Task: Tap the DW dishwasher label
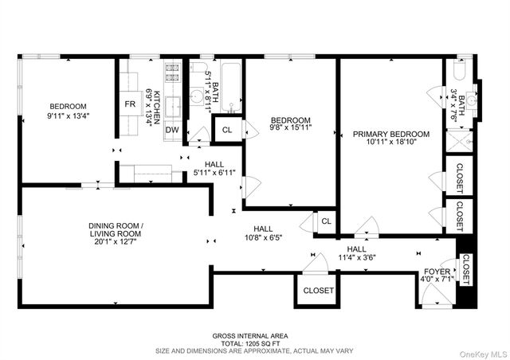coord(172,130)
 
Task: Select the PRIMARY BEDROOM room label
coord(391,134)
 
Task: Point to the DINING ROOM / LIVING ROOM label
coord(116,229)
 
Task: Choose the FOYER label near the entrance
coord(436,272)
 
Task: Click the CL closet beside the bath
coord(226,130)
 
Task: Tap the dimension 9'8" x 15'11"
coord(289,127)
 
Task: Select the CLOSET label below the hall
coord(318,291)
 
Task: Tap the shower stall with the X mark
coord(460,142)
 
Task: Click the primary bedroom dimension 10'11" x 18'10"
coord(391,143)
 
